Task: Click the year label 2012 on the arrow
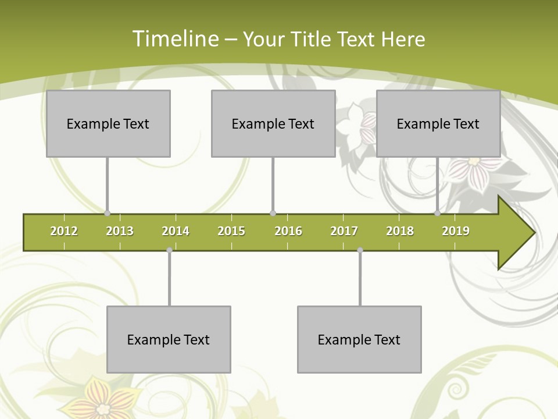click(64, 231)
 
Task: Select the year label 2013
click(120, 231)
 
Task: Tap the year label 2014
click(176, 231)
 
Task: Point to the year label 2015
click(231, 231)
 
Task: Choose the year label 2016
click(288, 231)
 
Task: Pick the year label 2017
click(344, 231)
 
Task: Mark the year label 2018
click(400, 231)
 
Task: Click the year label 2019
click(456, 231)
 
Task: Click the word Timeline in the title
click(175, 39)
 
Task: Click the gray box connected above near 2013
click(108, 123)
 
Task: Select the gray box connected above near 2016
click(273, 123)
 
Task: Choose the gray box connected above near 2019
click(438, 123)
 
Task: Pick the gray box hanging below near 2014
click(169, 339)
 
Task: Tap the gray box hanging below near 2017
click(359, 339)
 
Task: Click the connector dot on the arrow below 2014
click(169, 250)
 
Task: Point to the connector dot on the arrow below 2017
click(360, 250)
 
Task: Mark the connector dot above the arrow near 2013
click(107, 214)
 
